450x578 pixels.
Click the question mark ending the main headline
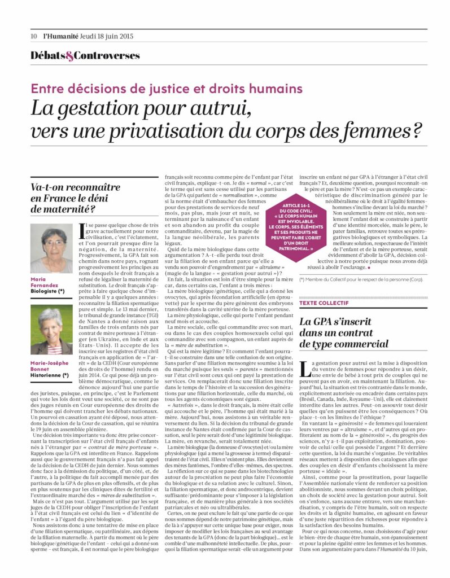416,130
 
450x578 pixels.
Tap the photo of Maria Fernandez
51,248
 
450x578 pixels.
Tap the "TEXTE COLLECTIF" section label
325,303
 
